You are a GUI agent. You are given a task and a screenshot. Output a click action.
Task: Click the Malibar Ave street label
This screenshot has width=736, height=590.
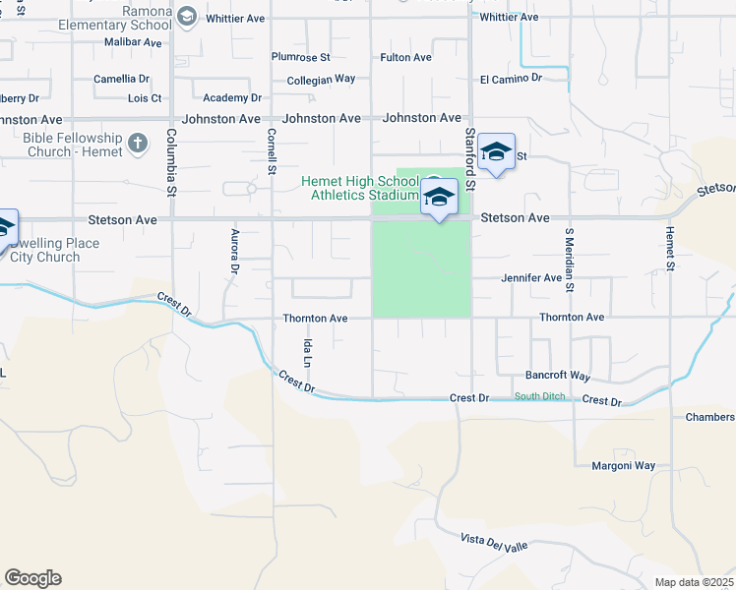(132, 43)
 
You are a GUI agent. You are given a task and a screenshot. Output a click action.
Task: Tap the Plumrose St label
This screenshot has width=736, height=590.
(302, 57)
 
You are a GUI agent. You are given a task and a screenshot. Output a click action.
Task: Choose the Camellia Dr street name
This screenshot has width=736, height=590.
(121, 79)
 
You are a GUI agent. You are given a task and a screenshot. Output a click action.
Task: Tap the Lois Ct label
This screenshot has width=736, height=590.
(145, 98)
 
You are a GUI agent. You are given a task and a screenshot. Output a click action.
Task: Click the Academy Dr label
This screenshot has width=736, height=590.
(232, 98)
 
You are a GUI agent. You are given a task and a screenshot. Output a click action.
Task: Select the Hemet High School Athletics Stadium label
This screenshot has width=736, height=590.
(360, 188)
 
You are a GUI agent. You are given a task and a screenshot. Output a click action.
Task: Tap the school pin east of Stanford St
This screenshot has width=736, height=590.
(497, 151)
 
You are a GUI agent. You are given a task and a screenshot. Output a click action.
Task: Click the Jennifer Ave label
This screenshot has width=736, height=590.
(531, 278)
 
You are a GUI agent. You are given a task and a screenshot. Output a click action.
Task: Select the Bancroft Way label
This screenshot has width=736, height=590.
(557, 377)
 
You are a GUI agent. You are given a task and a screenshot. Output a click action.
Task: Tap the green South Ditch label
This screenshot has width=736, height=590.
(539, 397)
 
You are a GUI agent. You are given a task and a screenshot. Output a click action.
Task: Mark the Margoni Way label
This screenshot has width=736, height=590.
(623, 465)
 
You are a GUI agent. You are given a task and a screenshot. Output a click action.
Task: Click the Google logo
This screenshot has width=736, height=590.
(32, 578)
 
